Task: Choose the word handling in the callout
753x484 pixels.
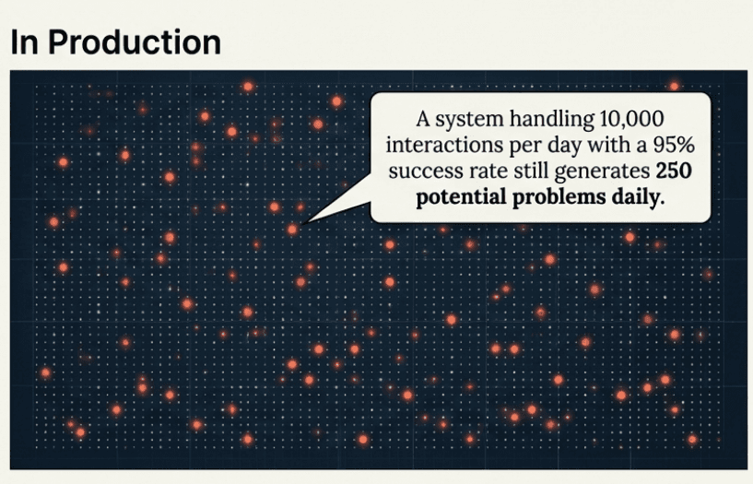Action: click(x=547, y=121)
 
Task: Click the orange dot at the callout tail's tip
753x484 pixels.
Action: click(x=292, y=229)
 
